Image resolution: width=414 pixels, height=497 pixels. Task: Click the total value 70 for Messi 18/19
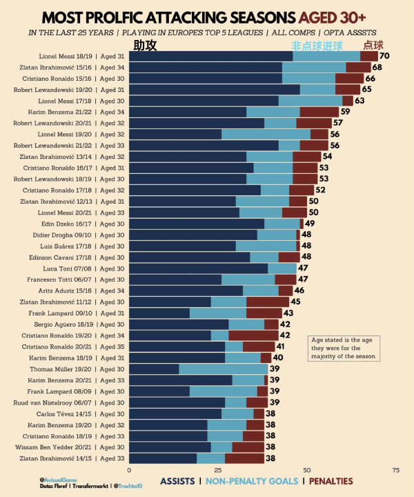[385, 56]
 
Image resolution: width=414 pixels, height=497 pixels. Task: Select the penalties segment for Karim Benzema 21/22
[319, 111]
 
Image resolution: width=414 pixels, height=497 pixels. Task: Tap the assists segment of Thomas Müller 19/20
[154, 369]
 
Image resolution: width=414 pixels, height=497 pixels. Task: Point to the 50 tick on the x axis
[308, 470]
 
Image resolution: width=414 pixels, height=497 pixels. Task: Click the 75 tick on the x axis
[396, 470]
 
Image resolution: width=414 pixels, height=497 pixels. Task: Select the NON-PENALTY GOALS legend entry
[253, 481]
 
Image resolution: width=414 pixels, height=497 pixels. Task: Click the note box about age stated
[344, 349]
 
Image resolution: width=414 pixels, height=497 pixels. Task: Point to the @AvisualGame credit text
[59, 479]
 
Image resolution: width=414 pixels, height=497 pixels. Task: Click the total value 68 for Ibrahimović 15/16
[377, 67]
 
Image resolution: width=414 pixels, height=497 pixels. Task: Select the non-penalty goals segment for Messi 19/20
[266, 134]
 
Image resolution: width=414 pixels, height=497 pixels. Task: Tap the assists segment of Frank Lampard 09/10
[159, 313]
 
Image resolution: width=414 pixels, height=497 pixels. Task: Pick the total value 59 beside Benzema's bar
[345, 111]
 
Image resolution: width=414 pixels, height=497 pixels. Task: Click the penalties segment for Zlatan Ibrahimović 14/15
[244, 458]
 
